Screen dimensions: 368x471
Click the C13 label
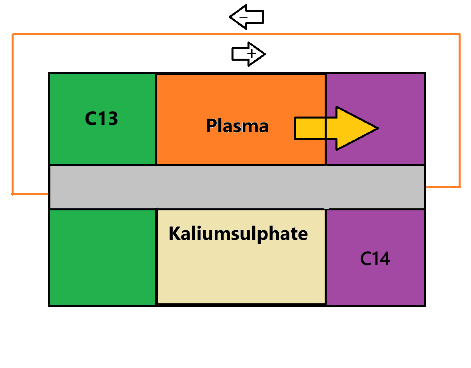[x=102, y=119]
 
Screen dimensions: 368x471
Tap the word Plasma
[x=237, y=126]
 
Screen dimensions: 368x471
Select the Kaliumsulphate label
[x=238, y=233]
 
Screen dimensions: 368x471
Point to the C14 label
[x=375, y=259]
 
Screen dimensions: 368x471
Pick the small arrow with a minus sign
[x=246, y=18]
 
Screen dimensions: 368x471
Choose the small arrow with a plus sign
[x=248, y=54]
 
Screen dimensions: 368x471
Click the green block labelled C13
[x=102, y=140]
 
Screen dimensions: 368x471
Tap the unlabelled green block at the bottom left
[x=102, y=257]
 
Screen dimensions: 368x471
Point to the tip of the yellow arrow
[x=377, y=129]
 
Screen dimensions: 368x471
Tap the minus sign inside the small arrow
[x=244, y=17]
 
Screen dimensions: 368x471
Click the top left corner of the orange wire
[x=13, y=35]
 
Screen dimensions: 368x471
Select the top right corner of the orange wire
[x=459, y=35]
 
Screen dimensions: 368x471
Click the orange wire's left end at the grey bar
[x=48, y=194]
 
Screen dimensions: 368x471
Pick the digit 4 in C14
[x=384, y=259]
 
